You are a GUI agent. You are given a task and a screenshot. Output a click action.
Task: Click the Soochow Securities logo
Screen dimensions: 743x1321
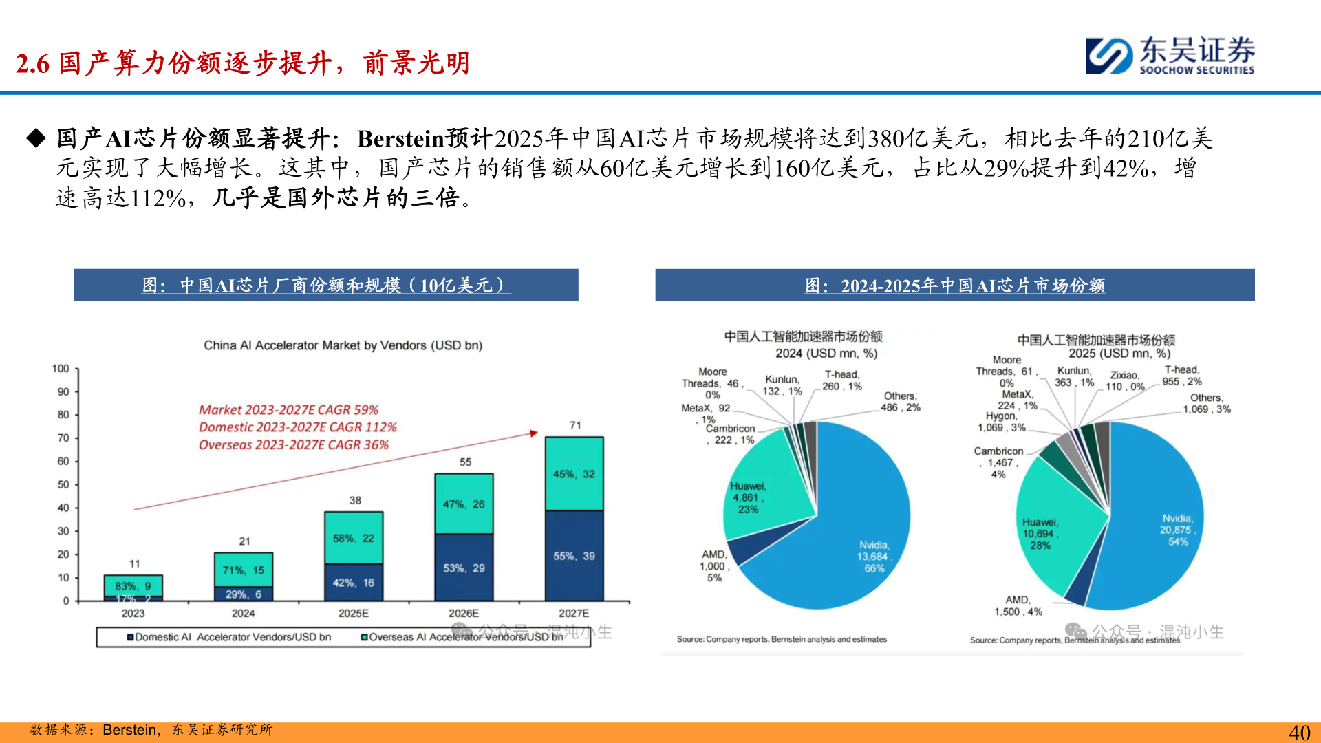[1170, 55]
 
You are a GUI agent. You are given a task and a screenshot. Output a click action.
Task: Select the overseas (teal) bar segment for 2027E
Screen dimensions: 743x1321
[574, 474]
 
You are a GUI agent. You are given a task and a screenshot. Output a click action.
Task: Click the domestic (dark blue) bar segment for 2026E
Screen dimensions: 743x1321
[464, 568]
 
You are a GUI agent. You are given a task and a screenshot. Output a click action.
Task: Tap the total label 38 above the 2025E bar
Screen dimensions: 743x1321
[355, 500]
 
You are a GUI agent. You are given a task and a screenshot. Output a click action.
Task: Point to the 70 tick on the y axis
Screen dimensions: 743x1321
[63, 438]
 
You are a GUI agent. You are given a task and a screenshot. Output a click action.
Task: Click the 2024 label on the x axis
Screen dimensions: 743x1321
[243, 613]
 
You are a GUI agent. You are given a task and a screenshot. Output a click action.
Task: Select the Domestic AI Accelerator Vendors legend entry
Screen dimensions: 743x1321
[229, 637]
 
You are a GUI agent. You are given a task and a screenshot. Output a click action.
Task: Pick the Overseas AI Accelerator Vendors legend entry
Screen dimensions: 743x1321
[462, 637]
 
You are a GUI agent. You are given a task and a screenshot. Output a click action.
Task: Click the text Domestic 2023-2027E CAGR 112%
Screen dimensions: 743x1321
[298, 427]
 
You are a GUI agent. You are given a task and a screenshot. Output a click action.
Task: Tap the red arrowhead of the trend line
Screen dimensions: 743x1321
[533, 433]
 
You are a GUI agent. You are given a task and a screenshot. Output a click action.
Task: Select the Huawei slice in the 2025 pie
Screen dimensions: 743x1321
[1053, 530]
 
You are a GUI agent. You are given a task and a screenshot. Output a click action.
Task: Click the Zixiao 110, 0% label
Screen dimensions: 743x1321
[1125, 380]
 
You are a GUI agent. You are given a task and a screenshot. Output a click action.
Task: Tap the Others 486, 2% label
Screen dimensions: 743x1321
[900, 402]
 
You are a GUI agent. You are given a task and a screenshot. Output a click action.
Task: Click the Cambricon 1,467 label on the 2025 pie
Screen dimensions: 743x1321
[998, 462]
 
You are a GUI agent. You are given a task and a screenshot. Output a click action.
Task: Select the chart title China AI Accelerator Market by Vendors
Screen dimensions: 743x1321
[343, 345]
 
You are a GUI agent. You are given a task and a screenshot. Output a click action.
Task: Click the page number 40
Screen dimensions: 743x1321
[1299, 732]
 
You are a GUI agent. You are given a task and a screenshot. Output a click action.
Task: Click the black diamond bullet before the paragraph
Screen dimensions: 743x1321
[36, 138]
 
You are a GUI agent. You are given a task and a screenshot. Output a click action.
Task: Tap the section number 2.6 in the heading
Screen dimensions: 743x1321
[32, 64]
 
